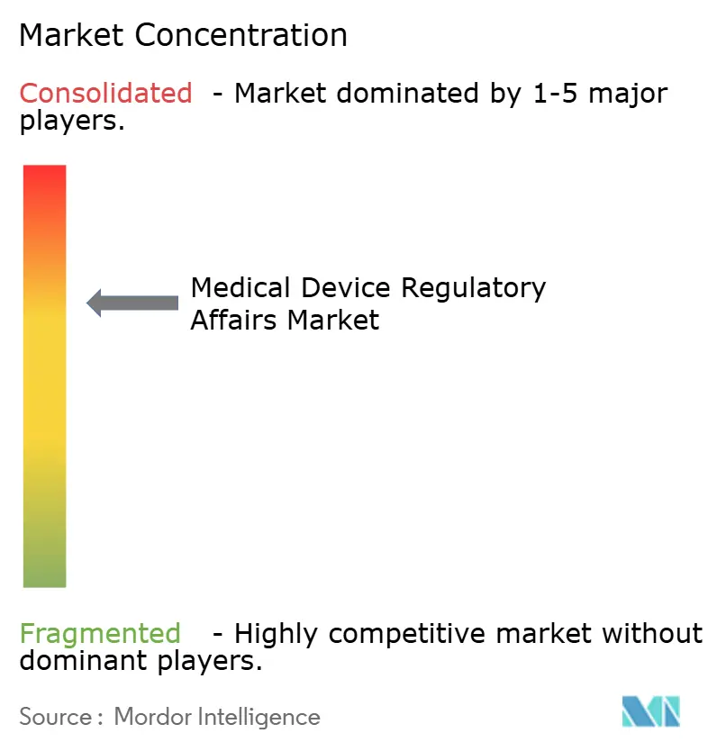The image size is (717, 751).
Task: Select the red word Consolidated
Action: (105, 93)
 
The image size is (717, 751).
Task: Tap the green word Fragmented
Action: (100, 634)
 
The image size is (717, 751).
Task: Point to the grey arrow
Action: (132, 303)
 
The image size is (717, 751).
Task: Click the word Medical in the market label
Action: (241, 288)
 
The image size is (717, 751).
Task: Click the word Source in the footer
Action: (56, 717)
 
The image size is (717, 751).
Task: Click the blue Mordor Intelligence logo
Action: (650, 711)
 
